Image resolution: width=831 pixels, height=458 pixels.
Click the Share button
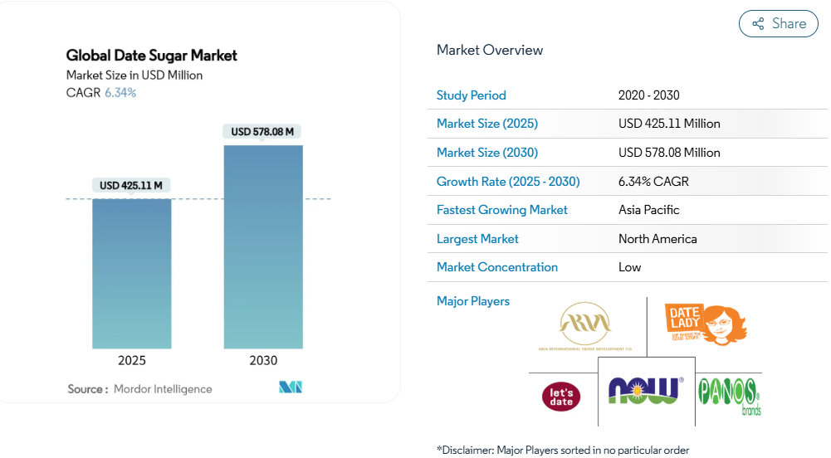778,24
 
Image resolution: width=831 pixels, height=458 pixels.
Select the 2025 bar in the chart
132,274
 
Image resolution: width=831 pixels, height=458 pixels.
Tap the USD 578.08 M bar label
262,131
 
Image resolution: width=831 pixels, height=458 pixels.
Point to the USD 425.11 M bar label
131,185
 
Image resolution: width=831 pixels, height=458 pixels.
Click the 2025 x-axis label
132,361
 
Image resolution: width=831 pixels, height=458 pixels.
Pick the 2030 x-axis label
263,361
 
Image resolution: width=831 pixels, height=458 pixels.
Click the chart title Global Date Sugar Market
152,56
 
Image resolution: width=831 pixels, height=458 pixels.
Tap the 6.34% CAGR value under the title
120,93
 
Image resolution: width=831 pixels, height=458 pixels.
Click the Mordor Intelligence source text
163,389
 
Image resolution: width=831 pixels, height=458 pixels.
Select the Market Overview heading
490,50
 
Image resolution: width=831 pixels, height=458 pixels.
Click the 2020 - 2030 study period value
649,95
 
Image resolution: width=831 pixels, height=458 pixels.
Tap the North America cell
657,239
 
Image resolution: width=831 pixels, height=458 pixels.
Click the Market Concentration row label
497,267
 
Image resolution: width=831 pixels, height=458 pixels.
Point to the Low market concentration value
630,267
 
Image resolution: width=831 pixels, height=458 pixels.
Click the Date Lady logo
705,324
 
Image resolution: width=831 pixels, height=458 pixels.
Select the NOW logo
645,390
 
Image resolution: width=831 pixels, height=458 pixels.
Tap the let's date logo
561,396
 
